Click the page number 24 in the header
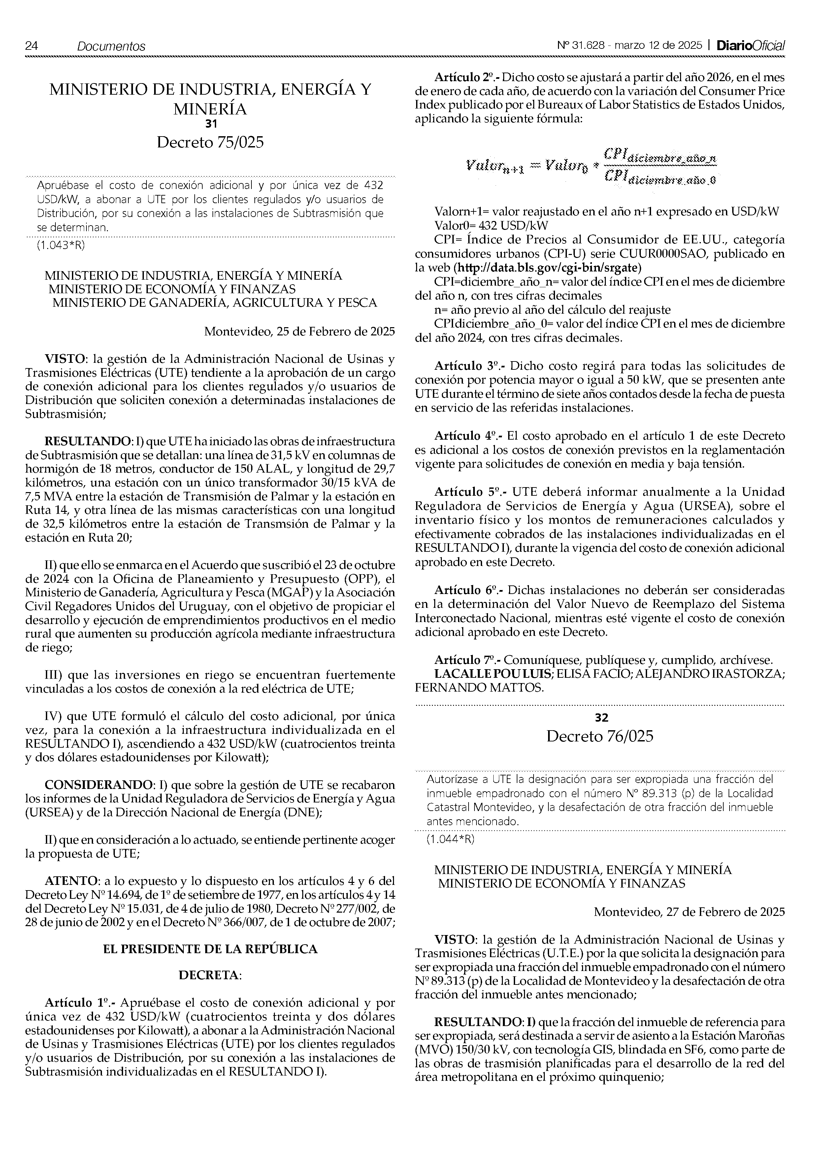[x=31, y=46]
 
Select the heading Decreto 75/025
[x=210, y=142]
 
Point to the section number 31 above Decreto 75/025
[x=211, y=123]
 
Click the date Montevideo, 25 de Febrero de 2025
[x=299, y=331]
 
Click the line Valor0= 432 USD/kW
[x=491, y=225]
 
